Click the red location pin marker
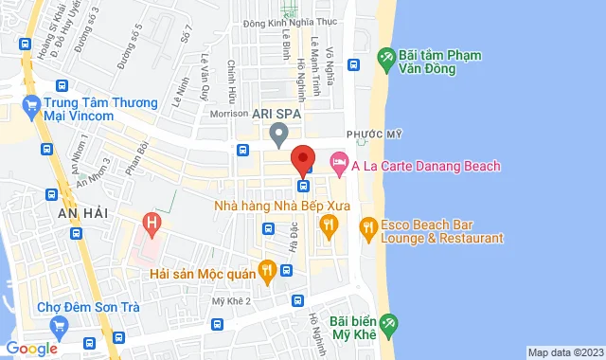coord(302,157)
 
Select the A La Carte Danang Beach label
coord(425,167)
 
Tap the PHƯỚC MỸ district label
coord(369,135)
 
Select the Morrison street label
coord(228,113)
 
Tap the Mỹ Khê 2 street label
coord(231,300)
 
